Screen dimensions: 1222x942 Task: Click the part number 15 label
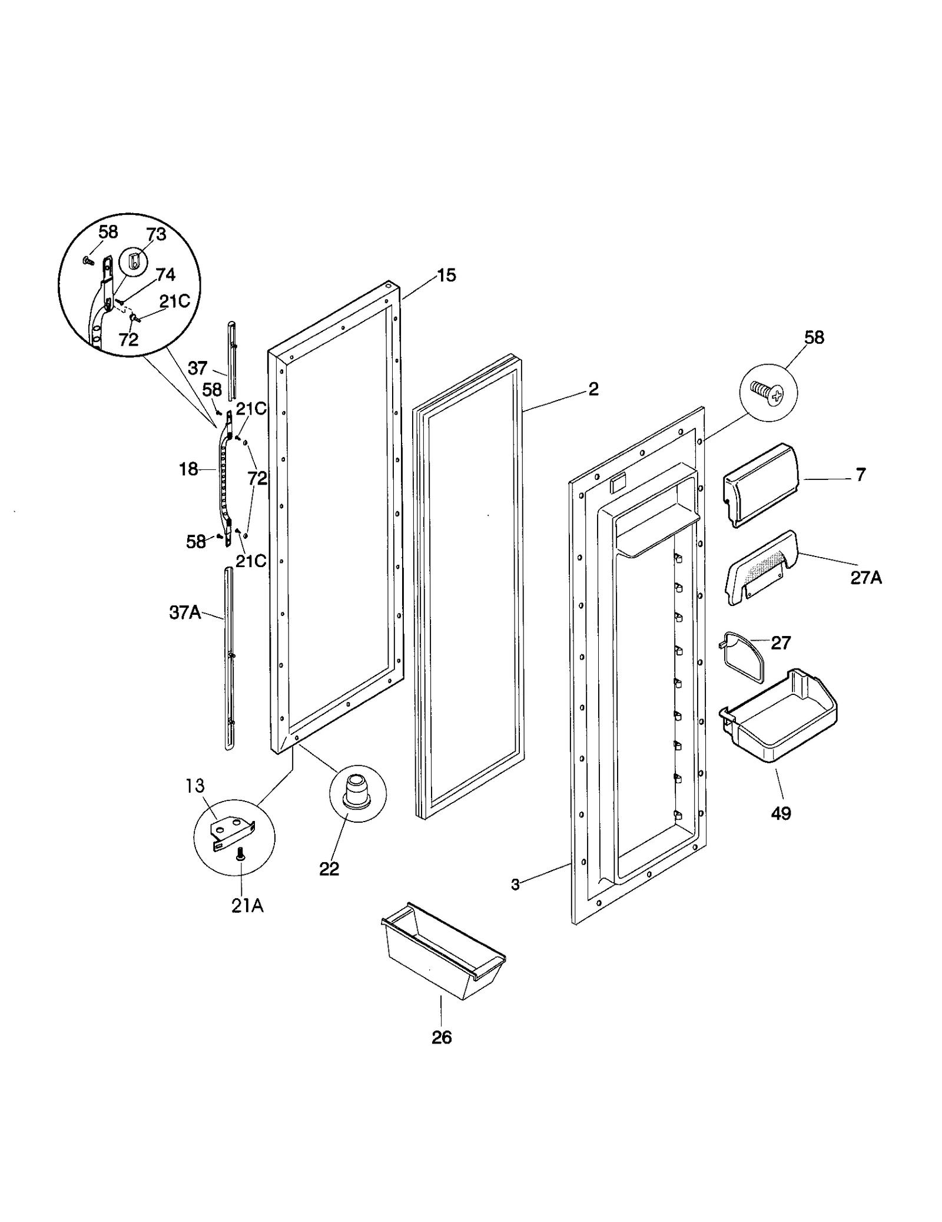(447, 276)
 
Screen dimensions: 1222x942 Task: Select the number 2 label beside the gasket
(593, 389)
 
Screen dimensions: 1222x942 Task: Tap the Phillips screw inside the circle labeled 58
(767, 392)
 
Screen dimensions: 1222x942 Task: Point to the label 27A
(865, 578)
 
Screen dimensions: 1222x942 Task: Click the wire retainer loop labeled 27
(744, 657)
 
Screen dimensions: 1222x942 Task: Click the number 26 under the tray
(442, 1054)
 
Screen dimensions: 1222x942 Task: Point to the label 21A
(247, 906)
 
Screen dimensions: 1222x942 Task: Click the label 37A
(185, 613)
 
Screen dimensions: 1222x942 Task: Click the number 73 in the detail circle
(156, 234)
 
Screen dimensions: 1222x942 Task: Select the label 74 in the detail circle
(165, 274)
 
